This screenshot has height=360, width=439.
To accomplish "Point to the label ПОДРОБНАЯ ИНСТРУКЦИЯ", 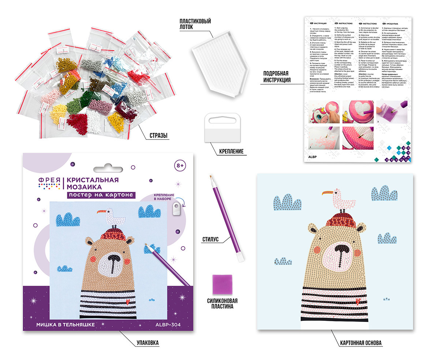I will click(x=277, y=76).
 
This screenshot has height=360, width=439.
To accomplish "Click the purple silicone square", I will click(x=221, y=284).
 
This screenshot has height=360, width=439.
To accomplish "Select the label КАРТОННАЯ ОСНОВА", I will click(x=360, y=343).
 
